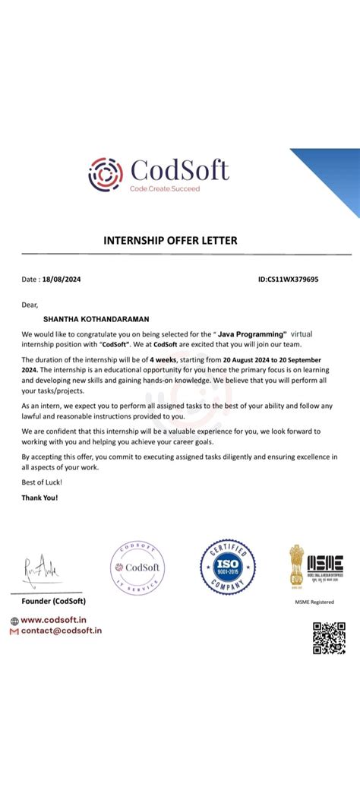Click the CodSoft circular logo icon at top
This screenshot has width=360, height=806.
pos(105,174)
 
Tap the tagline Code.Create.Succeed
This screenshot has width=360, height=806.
pos(165,188)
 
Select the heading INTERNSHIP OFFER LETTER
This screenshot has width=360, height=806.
pos(170,241)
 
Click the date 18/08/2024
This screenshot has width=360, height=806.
pos(62,280)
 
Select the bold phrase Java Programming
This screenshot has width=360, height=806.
pos(251,333)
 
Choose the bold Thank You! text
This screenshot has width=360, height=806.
pos(39,498)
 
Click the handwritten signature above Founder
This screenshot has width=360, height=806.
pos(39,567)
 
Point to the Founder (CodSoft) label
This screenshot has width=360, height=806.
pos(54,601)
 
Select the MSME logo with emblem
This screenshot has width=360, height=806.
pos(315,565)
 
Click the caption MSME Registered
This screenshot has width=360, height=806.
pos(314,602)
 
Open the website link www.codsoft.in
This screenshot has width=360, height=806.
pos(54,620)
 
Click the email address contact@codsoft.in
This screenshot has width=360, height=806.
pos(62,631)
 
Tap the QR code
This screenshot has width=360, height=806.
pos(329,637)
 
